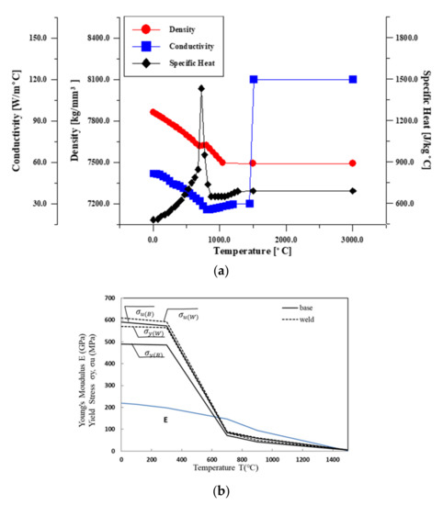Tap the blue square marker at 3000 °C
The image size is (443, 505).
tap(353, 80)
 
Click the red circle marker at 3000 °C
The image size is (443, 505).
tap(353, 163)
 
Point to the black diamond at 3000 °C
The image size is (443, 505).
tap(353, 191)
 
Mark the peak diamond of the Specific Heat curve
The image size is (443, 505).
tap(201, 89)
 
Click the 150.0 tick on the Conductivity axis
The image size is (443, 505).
tap(39, 39)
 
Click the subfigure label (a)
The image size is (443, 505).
tap(221, 272)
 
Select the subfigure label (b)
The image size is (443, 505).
tap(221, 491)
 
